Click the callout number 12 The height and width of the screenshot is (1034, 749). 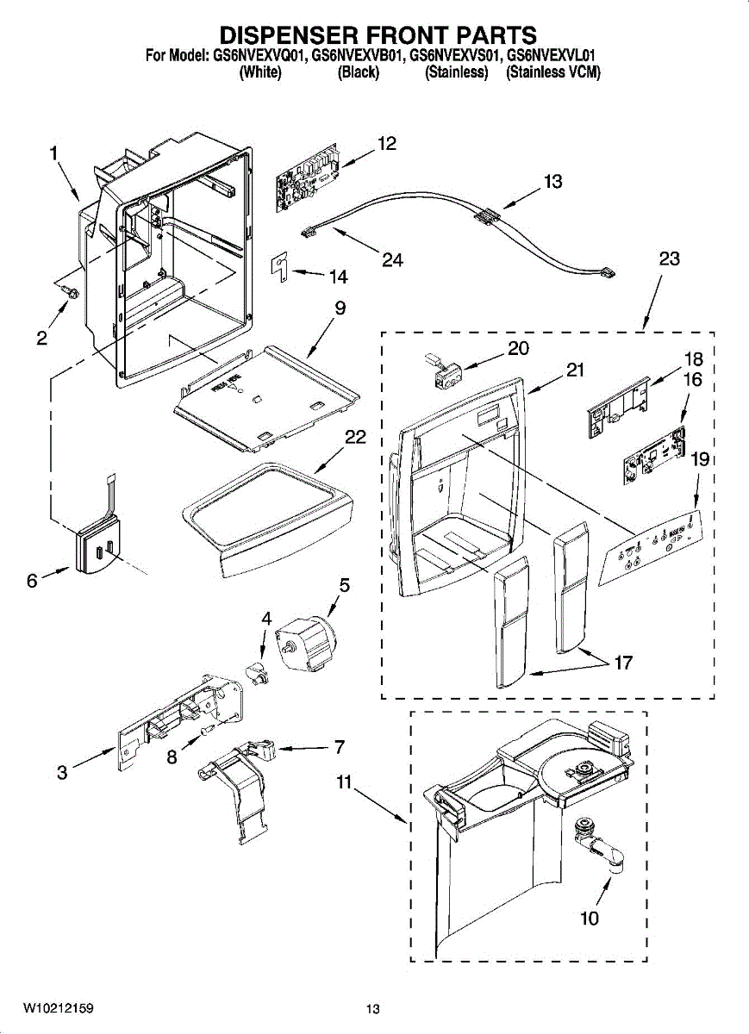click(387, 144)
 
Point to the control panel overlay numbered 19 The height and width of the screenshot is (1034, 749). click(652, 548)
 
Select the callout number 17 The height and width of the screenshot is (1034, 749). click(623, 663)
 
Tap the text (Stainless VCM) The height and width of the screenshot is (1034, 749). click(553, 72)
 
